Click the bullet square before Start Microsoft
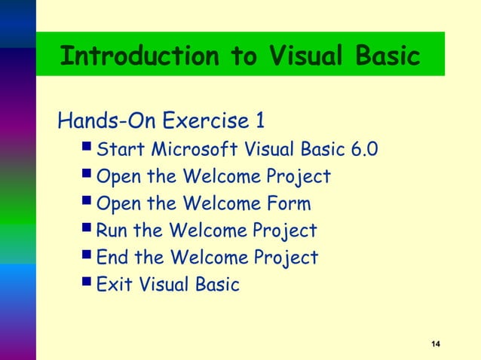point(88,149)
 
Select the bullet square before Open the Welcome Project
point(88,176)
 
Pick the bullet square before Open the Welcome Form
point(88,203)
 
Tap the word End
point(113,258)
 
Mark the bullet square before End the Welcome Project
point(88,258)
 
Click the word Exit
point(115,285)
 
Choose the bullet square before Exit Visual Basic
point(88,285)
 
